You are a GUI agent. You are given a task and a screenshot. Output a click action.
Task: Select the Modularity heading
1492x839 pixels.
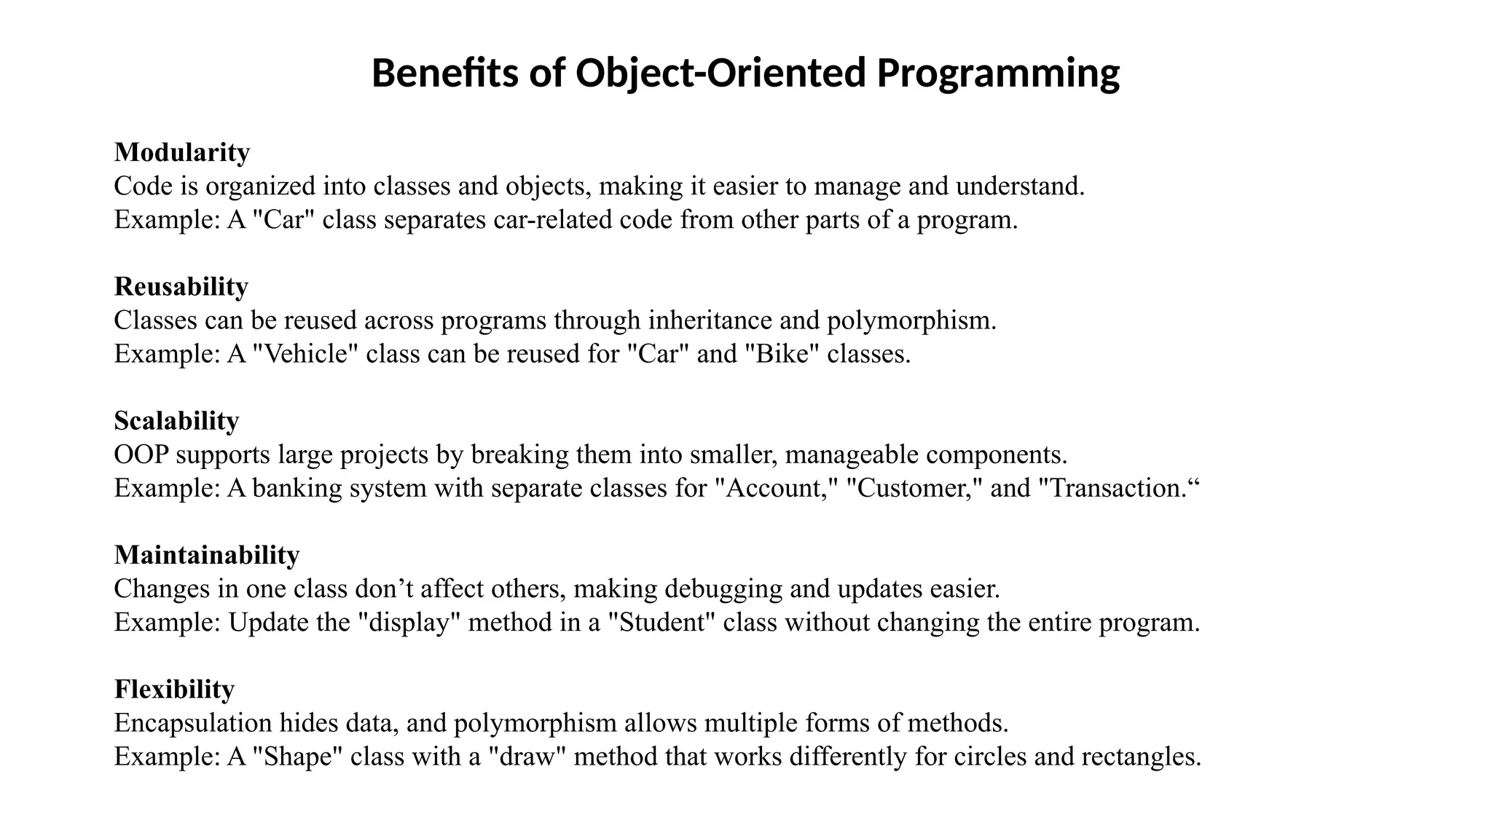182,152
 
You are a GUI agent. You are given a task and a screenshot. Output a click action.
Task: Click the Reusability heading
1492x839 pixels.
181,286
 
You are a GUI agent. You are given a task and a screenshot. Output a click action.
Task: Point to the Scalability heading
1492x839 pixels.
176,420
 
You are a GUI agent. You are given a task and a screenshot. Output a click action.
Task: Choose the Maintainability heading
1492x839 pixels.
207,555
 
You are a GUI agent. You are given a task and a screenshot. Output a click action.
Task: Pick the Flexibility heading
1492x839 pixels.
174,689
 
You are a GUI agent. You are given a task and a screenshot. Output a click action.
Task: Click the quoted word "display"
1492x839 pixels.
409,623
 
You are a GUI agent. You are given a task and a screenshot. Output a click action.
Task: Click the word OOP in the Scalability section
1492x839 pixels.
141,454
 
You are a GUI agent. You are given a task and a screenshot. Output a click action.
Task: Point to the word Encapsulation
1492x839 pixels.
193,723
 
